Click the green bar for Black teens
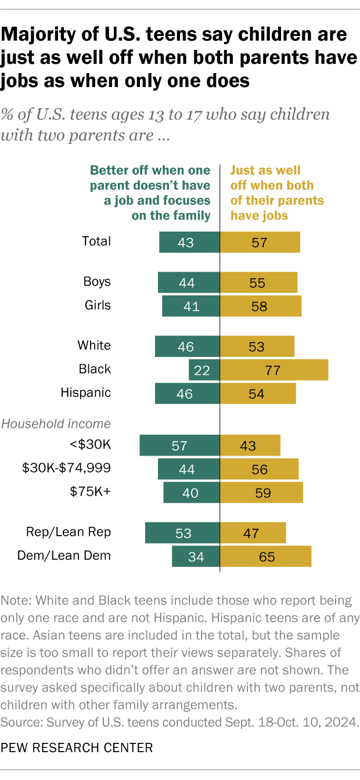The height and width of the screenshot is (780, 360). coord(204,370)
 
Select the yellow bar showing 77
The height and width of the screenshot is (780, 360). coord(274,370)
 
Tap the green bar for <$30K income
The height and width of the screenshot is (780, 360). coord(179,446)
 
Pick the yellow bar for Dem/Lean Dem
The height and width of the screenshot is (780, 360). coord(265,556)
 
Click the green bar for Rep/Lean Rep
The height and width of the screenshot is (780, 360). coord(182,533)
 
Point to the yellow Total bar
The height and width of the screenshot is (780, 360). coord(260,242)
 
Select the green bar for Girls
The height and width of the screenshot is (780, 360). coord(190,306)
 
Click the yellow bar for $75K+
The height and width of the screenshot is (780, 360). coord(261,493)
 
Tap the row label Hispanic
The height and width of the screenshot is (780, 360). coord(85,393)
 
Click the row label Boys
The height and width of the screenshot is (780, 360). coord(97,282)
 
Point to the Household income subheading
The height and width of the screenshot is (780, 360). coord(56,424)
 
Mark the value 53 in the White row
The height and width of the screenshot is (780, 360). coord(256,347)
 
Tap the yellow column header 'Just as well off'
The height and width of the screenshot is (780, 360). coord(277,193)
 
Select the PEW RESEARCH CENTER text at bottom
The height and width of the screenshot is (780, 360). coord(77,748)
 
